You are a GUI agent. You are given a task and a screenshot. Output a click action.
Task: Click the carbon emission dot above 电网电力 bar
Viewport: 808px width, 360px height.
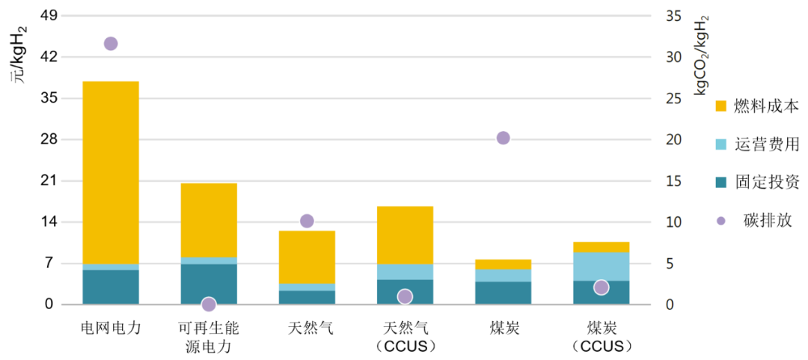pyautogui.click(x=111, y=43)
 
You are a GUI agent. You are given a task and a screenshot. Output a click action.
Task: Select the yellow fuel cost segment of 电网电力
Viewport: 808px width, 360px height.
pyautogui.click(x=111, y=172)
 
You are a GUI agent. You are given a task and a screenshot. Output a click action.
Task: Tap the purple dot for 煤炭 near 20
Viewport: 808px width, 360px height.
pyautogui.click(x=503, y=138)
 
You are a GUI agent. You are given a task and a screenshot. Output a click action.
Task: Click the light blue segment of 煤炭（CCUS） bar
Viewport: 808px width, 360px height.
pyautogui.click(x=601, y=266)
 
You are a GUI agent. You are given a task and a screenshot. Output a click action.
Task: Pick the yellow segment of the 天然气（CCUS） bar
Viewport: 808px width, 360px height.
pyautogui.click(x=405, y=235)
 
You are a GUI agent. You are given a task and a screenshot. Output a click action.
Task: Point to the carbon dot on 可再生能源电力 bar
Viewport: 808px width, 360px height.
pyautogui.click(x=209, y=304)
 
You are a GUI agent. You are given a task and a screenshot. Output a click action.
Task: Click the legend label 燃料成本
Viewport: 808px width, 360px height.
pyautogui.click(x=766, y=106)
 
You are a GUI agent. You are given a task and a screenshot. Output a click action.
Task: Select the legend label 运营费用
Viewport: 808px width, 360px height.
pyautogui.click(x=766, y=144)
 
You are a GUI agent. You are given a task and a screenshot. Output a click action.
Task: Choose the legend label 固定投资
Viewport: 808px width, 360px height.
pyautogui.click(x=766, y=182)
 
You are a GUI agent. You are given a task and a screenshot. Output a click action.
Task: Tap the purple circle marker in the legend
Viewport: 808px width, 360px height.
pyautogui.click(x=721, y=221)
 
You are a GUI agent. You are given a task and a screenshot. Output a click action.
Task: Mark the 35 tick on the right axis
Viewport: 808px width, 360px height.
pyautogui.click(x=673, y=16)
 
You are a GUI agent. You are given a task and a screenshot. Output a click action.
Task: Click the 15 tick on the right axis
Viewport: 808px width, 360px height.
pyautogui.click(x=673, y=181)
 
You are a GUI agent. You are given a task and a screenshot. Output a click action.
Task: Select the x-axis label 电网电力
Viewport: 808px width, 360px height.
pyautogui.click(x=111, y=328)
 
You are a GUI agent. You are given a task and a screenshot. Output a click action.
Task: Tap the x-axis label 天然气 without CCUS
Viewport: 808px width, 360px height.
pyautogui.click(x=307, y=328)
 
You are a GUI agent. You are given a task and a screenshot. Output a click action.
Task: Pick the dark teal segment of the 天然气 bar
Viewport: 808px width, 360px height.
pyautogui.click(x=307, y=297)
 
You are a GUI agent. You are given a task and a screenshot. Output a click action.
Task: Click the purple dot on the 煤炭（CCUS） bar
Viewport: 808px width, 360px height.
pyautogui.click(x=601, y=287)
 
